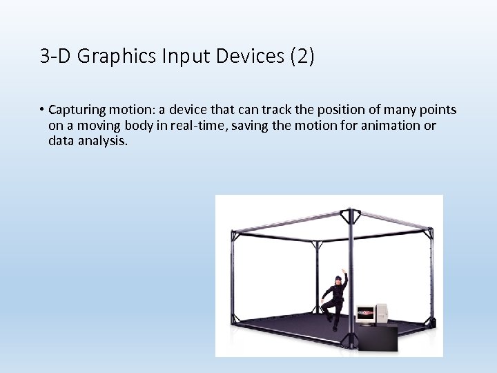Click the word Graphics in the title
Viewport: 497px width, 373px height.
(x=108, y=57)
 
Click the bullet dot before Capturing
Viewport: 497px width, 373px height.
(x=41, y=111)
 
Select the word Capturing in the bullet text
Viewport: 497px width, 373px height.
(x=77, y=111)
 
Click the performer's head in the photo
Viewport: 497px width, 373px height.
(x=338, y=280)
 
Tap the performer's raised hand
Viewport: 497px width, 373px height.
(x=345, y=274)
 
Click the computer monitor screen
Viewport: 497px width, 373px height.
(x=365, y=314)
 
